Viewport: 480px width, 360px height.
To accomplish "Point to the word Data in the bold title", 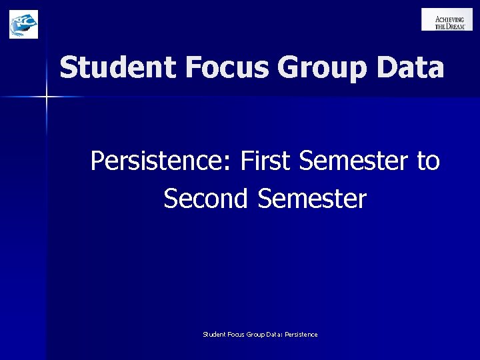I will pyautogui.click(x=409, y=68).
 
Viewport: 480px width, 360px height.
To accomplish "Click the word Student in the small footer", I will pyautogui.click(x=214, y=334).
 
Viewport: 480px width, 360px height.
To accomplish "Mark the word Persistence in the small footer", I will pyautogui.click(x=301, y=334).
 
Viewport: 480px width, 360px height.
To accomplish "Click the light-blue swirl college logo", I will pyautogui.click(x=23, y=24).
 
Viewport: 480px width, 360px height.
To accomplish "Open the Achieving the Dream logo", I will pyautogui.click(x=447, y=19).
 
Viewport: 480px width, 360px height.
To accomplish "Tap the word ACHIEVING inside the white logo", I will pyautogui.click(x=450, y=19).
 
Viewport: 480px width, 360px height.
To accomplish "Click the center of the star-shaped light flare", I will pyautogui.click(x=46, y=97).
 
